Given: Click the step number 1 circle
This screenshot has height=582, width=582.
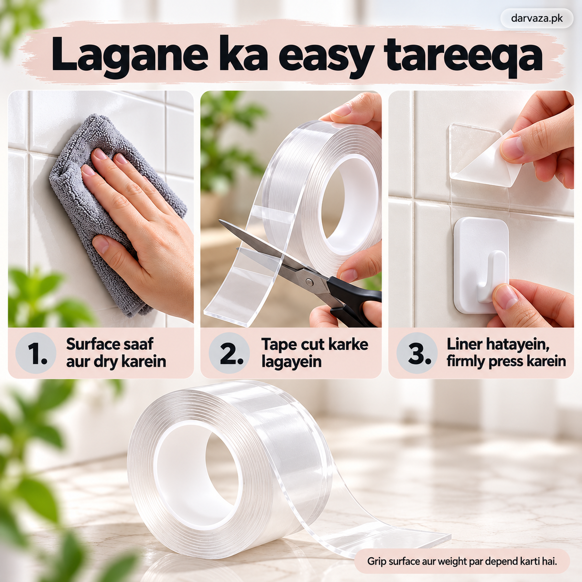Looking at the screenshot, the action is tap(36, 353).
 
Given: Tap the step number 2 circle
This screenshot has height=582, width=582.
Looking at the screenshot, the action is tap(229, 353).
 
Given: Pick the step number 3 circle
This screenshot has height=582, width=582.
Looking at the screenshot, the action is tap(417, 353).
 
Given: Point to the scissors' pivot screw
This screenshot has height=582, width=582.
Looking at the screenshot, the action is tap(309, 282).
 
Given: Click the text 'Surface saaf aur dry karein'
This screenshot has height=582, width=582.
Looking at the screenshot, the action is tap(116, 353).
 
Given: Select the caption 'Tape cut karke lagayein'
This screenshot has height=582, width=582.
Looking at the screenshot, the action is tap(315, 353).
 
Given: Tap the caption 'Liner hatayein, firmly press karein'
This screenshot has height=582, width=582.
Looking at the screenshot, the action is tap(506, 353).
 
